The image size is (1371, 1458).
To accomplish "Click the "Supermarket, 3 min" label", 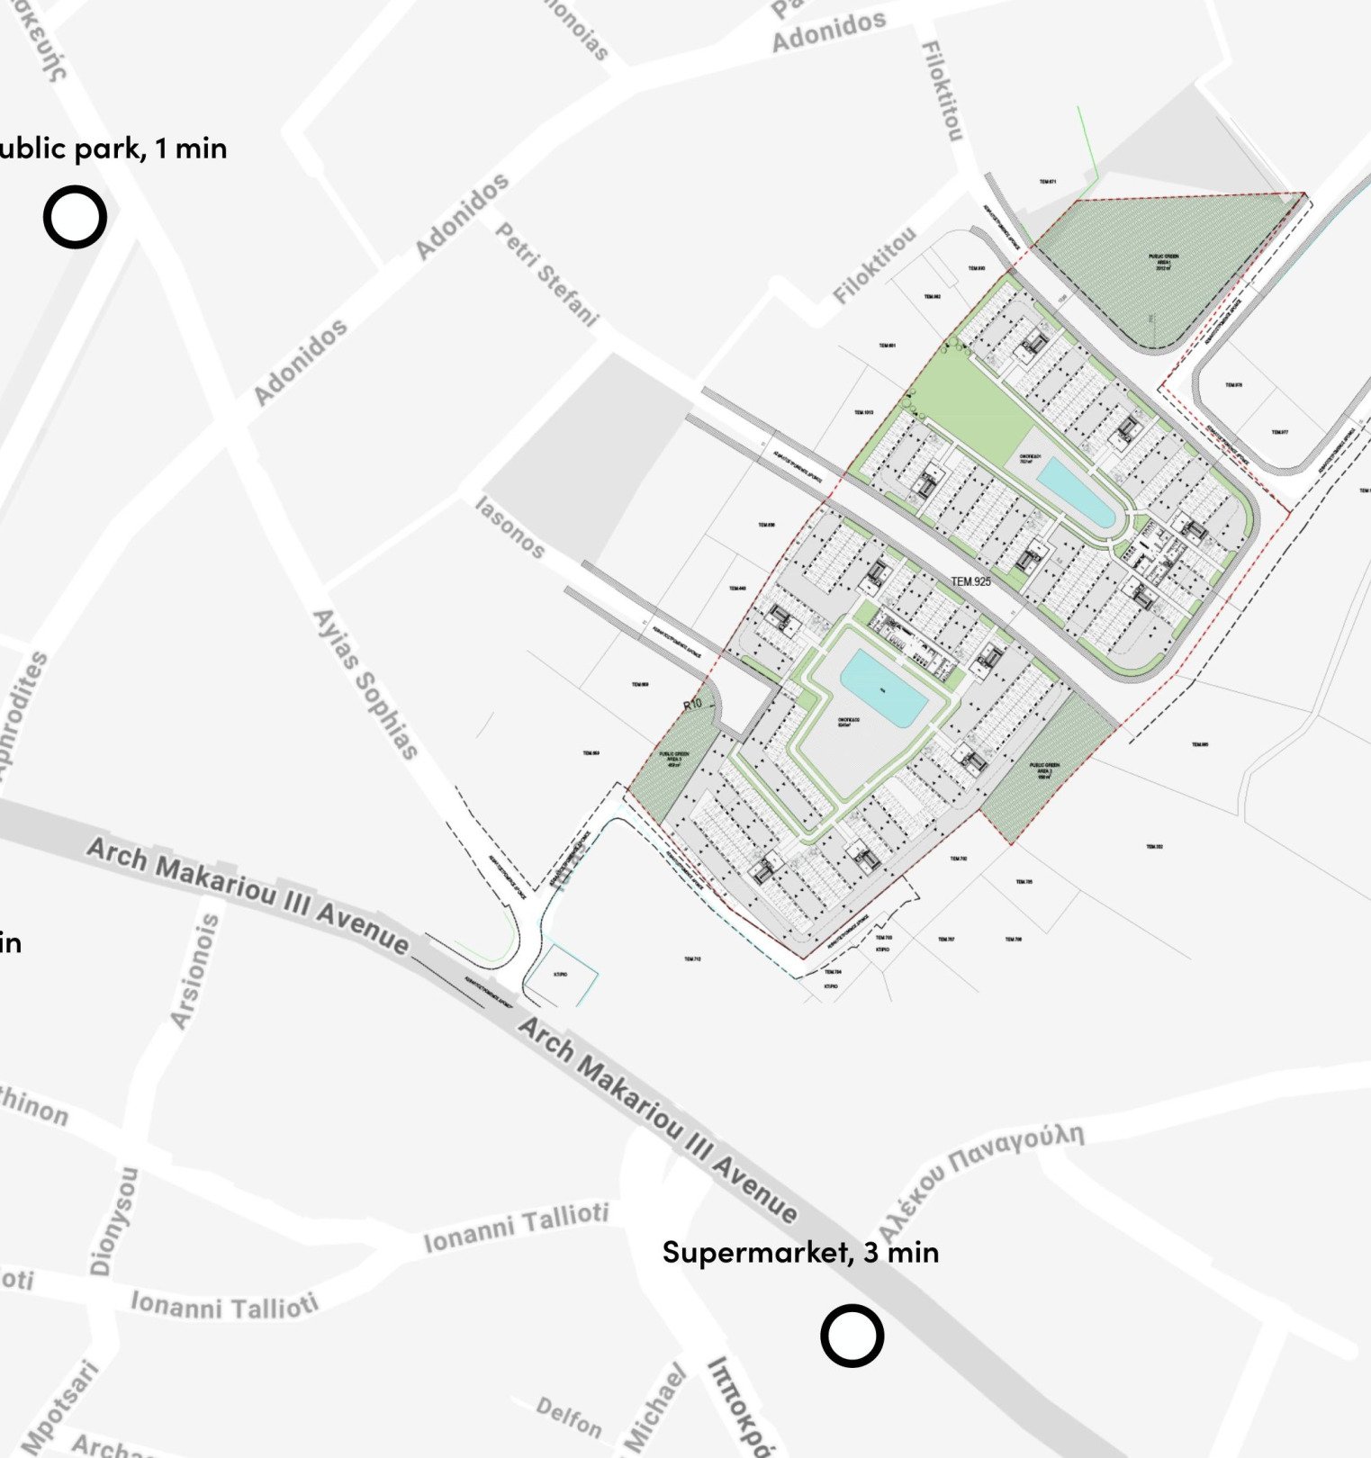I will coord(800,1252).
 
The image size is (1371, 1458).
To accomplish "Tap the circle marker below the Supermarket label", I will coord(852,1336).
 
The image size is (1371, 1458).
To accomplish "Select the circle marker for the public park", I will coord(75,217).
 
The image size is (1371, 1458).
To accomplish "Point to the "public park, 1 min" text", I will coord(113,148).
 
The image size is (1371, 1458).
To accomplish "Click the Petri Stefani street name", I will coord(546,274).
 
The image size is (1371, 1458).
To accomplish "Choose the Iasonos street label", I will coord(510,527).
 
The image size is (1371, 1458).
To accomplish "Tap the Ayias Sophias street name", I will coord(365,684).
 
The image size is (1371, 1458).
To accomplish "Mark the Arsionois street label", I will coord(194,971).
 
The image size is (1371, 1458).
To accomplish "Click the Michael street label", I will coord(654,1409).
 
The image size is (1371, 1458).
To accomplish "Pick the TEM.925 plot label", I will coord(970,581).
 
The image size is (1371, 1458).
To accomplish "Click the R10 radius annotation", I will coord(692,705).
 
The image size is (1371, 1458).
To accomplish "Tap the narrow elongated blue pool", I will coord(1076,491).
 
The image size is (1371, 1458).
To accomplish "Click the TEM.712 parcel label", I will coord(691,959).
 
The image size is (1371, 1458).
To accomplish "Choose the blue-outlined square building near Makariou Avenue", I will coord(562,975).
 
